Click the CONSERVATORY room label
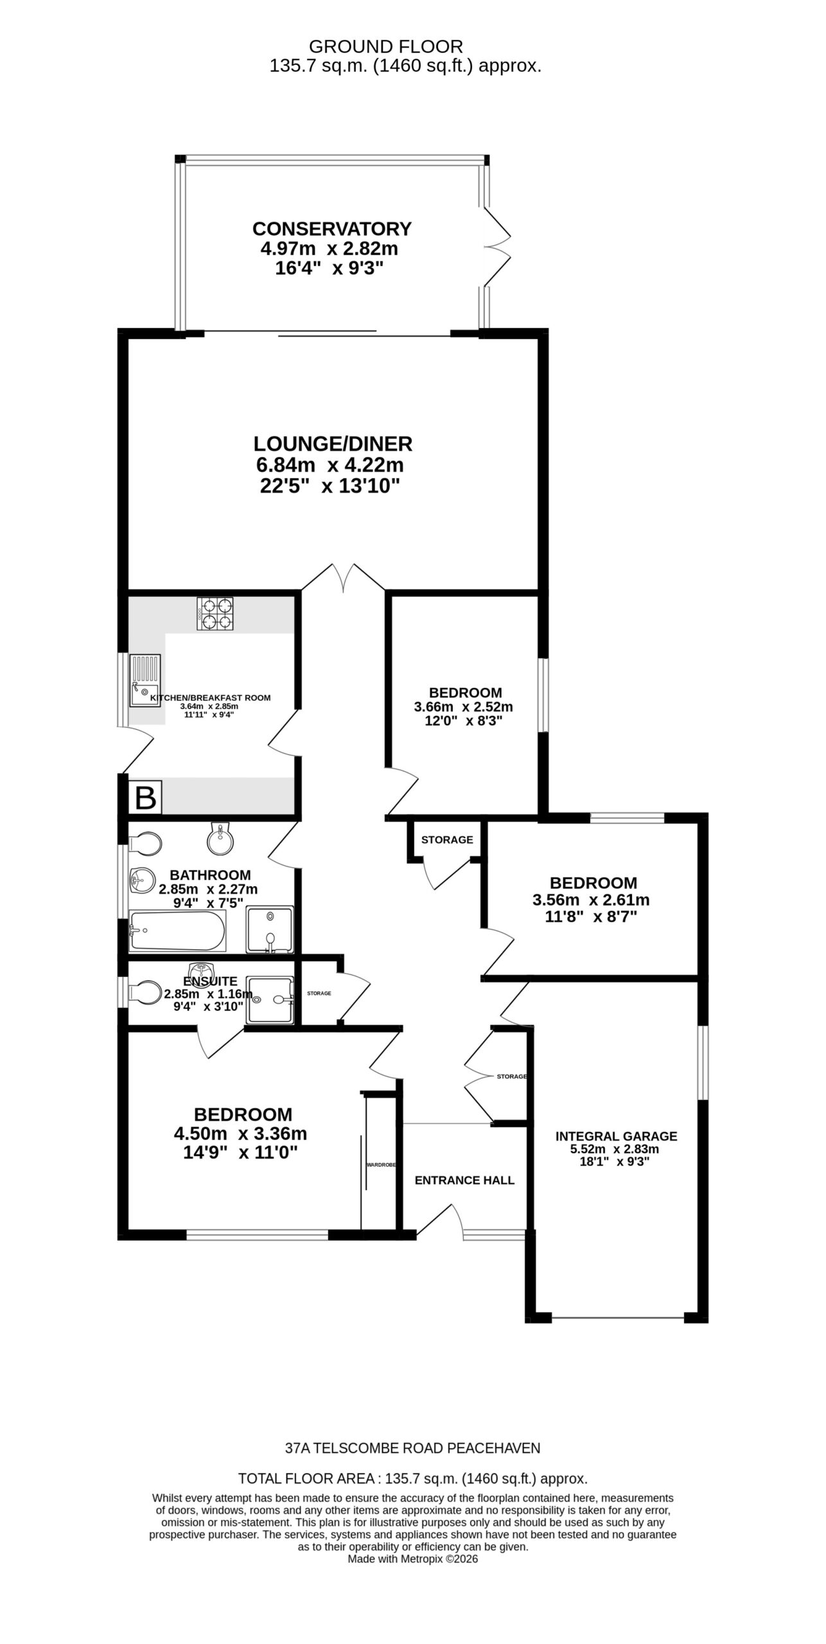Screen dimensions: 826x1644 pyautogui.click(x=331, y=229)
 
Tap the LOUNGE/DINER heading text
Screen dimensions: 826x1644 pyautogui.click(x=333, y=444)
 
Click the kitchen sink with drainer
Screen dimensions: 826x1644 pyautogui.click(x=145, y=680)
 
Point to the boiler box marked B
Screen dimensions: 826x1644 pyautogui.click(x=145, y=798)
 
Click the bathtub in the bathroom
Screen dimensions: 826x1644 pyautogui.click(x=177, y=932)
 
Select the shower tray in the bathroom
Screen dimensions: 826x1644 pyautogui.click(x=270, y=929)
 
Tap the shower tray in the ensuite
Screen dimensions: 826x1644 pyautogui.click(x=270, y=1000)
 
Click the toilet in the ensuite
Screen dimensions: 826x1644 pyautogui.click(x=145, y=992)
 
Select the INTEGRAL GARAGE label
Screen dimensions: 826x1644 pyautogui.click(x=617, y=1136)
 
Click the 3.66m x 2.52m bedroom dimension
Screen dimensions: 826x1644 pyautogui.click(x=464, y=707)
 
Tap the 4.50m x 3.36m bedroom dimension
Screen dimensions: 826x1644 pyautogui.click(x=241, y=1133)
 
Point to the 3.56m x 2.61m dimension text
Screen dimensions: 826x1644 pyautogui.click(x=591, y=900)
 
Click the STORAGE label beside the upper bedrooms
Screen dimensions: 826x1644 pyautogui.click(x=447, y=839)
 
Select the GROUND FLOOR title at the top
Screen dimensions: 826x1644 pyautogui.click(x=386, y=46)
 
